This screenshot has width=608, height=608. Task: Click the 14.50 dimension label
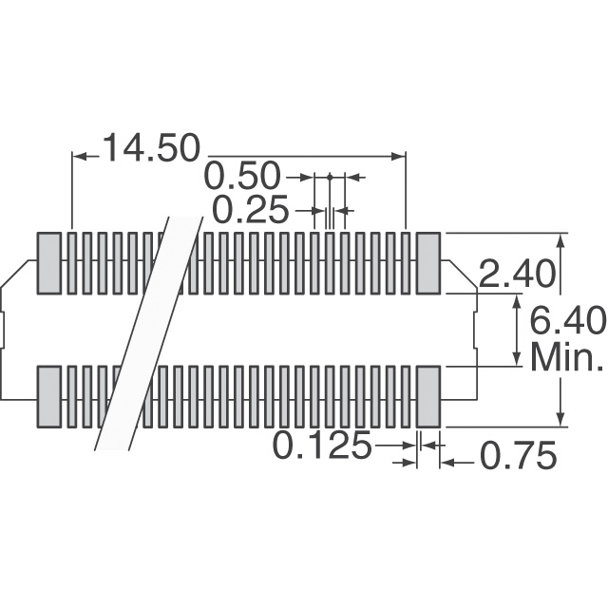click(152, 148)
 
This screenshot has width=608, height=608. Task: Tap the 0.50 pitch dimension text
click(241, 177)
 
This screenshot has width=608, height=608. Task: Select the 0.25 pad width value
click(251, 209)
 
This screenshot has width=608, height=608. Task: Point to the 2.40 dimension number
click(516, 275)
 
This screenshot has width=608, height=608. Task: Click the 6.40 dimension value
click(566, 319)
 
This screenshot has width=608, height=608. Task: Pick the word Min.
click(566, 357)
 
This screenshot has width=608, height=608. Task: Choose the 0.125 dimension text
click(323, 446)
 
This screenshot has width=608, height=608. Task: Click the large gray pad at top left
click(48, 263)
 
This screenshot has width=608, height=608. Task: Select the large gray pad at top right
click(428, 263)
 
